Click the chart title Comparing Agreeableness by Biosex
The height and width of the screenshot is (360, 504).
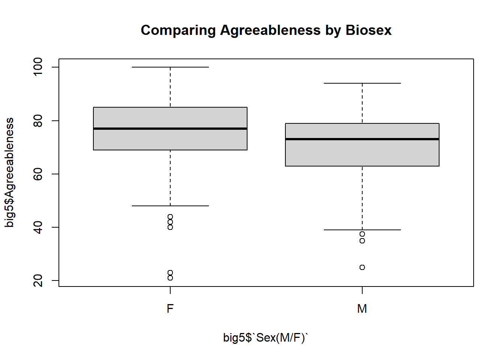pyautogui.click(x=266, y=30)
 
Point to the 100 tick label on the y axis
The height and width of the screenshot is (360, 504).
pyautogui.click(x=38, y=67)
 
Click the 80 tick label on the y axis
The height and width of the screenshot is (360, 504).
pyautogui.click(x=38, y=121)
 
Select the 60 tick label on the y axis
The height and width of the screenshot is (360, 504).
pyautogui.click(x=38, y=174)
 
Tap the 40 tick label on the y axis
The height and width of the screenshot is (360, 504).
pyautogui.click(x=38, y=227)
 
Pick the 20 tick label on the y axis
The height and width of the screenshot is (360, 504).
pyautogui.click(x=38, y=280)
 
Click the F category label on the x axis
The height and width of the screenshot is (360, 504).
pyautogui.click(x=170, y=309)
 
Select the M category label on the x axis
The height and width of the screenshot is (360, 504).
pyautogui.click(x=362, y=309)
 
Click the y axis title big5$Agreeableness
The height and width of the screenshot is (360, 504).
pyautogui.click(x=9, y=172)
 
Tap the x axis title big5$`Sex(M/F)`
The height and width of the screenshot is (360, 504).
pyautogui.click(x=265, y=337)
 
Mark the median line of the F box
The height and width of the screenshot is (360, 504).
pyautogui.click(x=170, y=129)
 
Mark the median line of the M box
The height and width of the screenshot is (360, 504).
pyautogui.click(x=362, y=139)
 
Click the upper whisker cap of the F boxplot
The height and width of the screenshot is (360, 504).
pyautogui.click(x=170, y=67)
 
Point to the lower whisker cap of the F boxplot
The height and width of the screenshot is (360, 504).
pyautogui.click(x=170, y=206)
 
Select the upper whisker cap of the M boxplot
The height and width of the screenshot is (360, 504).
pyautogui.click(x=362, y=83)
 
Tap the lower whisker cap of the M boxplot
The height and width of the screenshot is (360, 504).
pyautogui.click(x=362, y=230)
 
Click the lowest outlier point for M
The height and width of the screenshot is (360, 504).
pyautogui.click(x=362, y=267)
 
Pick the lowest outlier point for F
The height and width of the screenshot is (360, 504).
pyautogui.click(x=170, y=278)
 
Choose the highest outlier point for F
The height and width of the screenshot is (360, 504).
pyautogui.click(x=170, y=217)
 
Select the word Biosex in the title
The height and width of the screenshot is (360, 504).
pyautogui.click(x=368, y=30)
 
